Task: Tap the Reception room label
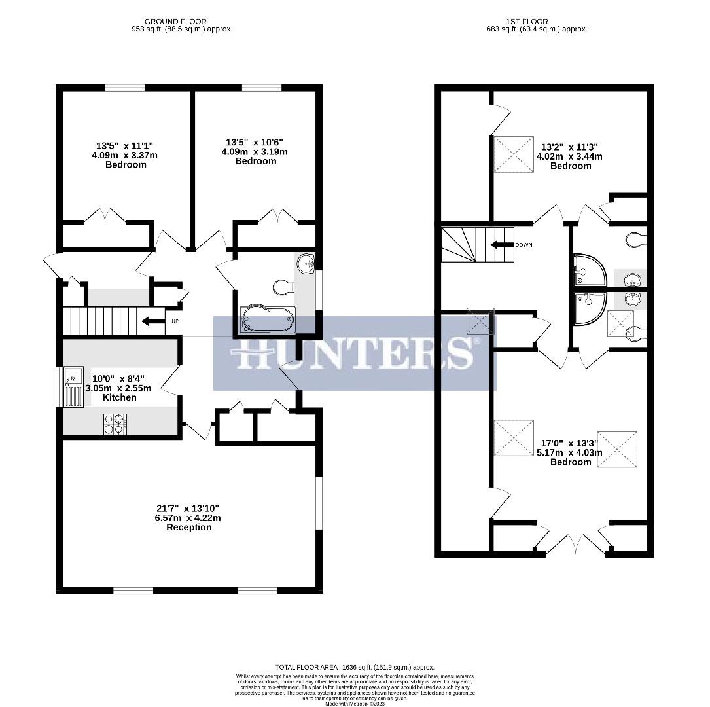click(x=188, y=527)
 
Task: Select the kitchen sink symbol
click(x=72, y=387)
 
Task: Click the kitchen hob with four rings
click(x=115, y=424)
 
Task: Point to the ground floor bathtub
click(x=268, y=320)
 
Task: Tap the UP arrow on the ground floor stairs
click(x=151, y=321)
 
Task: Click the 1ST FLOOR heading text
click(x=527, y=22)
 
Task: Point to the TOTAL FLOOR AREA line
click(x=354, y=667)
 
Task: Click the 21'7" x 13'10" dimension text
click(x=188, y=508)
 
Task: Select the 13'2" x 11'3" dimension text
click(x=570, y=147)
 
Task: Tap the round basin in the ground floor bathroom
click(x=306, y=264)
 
